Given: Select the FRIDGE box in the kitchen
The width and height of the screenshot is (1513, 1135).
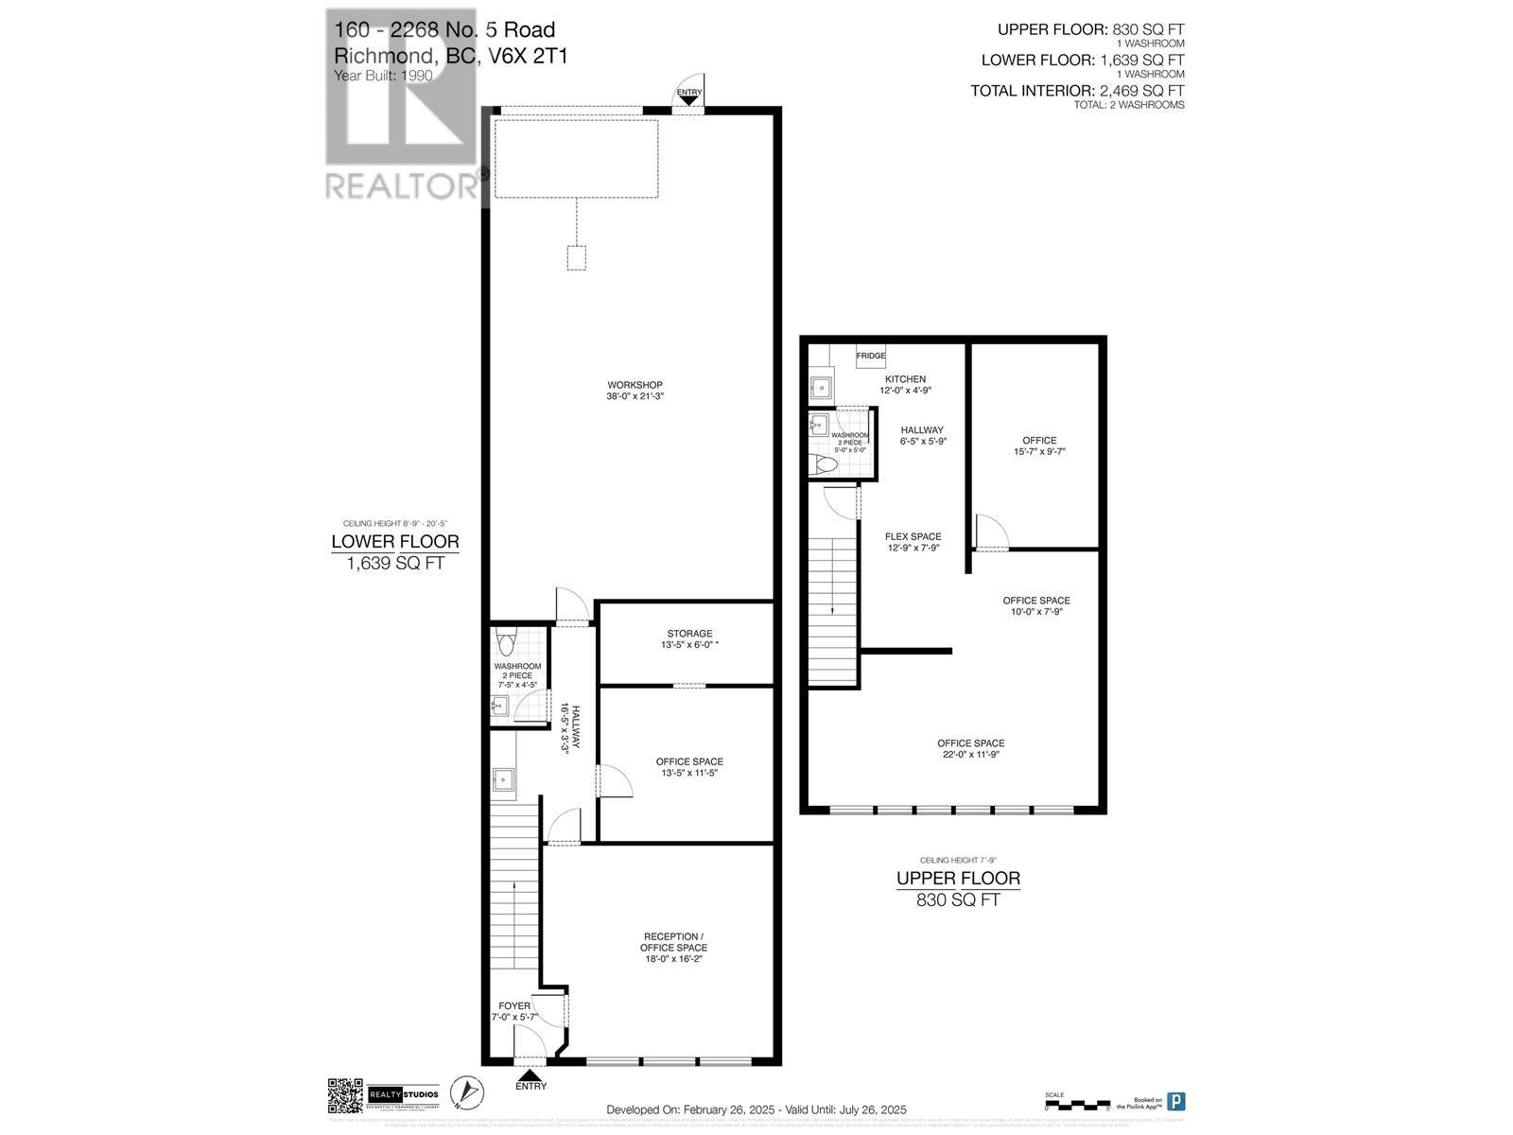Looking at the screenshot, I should [x=871, y=356].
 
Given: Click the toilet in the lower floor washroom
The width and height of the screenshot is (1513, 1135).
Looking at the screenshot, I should [x=506, y=644].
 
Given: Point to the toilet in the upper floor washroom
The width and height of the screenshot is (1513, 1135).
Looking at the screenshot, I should [x=824, y=465].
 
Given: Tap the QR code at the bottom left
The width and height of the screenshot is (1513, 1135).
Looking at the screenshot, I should [x=345, y=1095].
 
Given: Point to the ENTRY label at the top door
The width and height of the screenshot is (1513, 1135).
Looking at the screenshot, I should [x=689, y=93].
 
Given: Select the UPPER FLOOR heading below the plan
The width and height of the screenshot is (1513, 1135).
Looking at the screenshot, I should [x=958, y=878].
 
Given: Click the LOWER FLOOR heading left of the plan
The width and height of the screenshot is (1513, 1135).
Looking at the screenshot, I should [x=394, y=542].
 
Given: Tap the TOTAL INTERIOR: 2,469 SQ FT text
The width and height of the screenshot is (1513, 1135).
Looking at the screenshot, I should [x=1077, y=91].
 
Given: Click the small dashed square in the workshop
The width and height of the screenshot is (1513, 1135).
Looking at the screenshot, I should [x=576, y=258].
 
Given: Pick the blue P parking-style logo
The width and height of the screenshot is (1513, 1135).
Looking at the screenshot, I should [x=1175, y=1102].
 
